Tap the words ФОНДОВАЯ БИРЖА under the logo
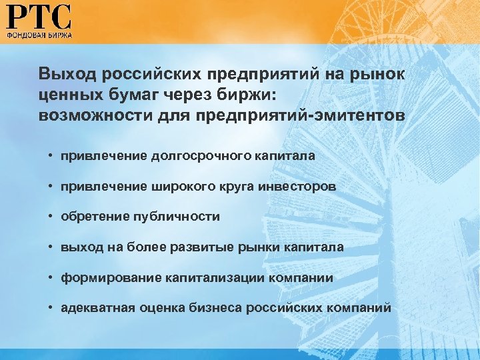(x=39, y=33)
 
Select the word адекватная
(x=97, y=309)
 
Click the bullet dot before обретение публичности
(x=51, y=217)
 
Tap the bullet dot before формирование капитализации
(x=51, y=278)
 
